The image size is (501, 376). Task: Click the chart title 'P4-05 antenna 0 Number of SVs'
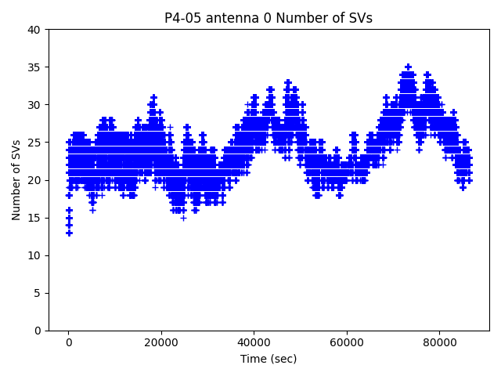269,18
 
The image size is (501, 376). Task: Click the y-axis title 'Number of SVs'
16,179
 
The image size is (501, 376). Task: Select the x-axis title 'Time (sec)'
269,359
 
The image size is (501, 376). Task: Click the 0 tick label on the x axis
69,342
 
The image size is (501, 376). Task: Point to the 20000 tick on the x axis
161,342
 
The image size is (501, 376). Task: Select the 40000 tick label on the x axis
254,342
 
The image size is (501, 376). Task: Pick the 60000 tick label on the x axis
347,342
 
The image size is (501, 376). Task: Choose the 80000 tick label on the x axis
439,342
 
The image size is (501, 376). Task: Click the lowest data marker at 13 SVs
69,233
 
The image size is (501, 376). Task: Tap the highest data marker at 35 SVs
408,67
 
